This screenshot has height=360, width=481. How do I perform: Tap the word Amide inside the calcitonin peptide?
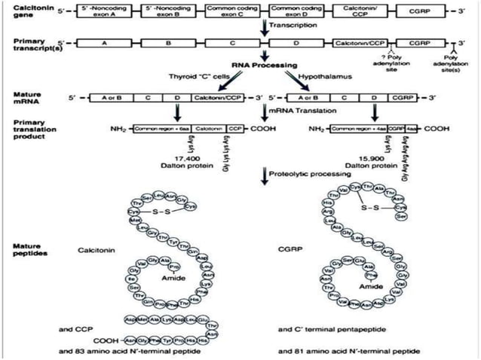coord(167,278)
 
